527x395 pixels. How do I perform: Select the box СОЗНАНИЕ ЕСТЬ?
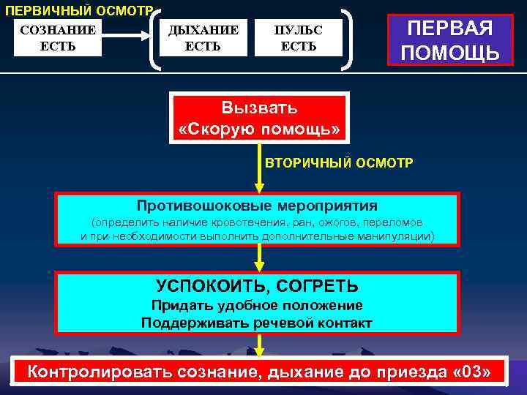coord(58,38)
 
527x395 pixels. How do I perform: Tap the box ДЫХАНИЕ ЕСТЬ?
coord(203,38)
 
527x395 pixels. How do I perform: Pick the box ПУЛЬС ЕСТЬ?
coord(298,38)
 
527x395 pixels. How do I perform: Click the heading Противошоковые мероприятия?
coord(258,206)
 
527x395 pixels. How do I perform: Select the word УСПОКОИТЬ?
coord(202,285)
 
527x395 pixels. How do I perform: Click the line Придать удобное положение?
coord(257,306)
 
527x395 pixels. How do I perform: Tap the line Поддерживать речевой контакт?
coord(257,323)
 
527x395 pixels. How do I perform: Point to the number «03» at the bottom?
coord(476,372)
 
